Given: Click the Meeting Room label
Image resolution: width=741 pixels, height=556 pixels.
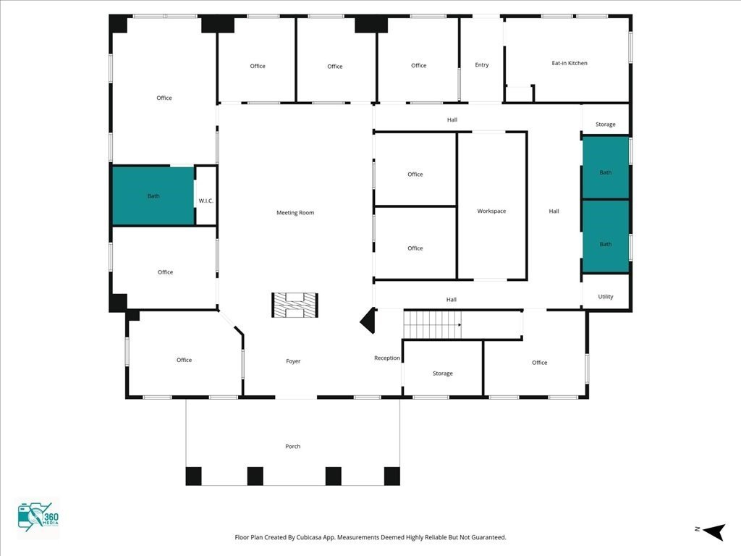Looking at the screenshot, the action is (x=295, y=213).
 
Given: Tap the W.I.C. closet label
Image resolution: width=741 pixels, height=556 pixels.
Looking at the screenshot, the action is (x=206, y=201).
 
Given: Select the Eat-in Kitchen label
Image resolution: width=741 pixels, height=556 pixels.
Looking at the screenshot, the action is (x=569, y=63).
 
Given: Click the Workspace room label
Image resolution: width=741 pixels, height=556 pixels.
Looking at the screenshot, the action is (x=491, y=211).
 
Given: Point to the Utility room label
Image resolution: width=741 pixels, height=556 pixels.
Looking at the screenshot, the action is (x=606, y=297).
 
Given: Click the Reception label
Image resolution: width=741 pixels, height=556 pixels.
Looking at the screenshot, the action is (x=387, y=358).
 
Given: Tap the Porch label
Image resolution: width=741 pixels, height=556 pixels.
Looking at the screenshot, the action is (x=292, y=446).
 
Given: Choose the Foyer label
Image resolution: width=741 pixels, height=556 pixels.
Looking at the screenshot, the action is (x=293, y=361).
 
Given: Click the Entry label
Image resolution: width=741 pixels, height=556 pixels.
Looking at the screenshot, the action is (x=481, y=64).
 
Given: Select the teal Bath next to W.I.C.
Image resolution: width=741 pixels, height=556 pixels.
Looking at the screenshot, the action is (x=153, y=195).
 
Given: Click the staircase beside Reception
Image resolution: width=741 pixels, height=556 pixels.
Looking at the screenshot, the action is (x=433, y=324).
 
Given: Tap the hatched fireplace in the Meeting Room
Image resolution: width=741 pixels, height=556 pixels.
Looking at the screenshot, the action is (x=295, y=305).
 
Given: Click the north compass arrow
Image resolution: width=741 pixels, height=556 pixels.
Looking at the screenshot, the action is (x=714, y=531).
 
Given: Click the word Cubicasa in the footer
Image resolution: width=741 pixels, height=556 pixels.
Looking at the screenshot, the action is (x=309, y=537).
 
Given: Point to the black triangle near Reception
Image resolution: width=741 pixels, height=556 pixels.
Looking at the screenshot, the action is (x=368, y=321).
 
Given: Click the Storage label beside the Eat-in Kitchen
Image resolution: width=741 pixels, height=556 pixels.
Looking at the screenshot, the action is (x=606, y=125).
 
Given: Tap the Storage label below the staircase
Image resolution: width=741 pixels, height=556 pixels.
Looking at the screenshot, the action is (x=443, y=374).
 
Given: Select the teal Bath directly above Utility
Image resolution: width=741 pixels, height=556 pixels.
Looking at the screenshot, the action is (x=606, y=237).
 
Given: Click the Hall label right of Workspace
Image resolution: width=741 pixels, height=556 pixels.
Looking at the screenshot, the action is (x=554, y=211).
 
